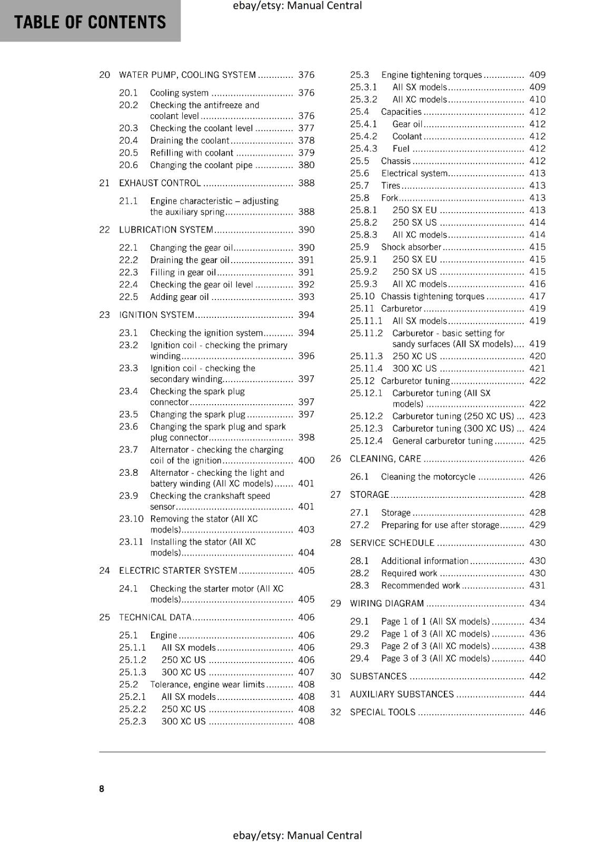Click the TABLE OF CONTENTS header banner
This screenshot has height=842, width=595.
coord(90,22)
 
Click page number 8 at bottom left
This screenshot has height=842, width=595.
coord(102,788)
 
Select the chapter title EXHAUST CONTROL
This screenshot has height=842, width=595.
coord(160,183)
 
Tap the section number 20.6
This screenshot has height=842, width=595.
coord(128,165)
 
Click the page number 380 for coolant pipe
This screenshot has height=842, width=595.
coord(306,165)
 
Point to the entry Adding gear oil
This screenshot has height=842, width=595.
coord(179,297)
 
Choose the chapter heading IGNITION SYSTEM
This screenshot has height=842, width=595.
coord(156,315)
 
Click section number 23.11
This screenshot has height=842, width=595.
coord(131,542)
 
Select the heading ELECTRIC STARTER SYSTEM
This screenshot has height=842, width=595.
coord(178,570)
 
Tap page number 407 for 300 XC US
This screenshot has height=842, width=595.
coord(306,672)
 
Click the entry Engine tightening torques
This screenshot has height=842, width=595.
coord(431,75)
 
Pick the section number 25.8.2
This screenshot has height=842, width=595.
coord(363,223)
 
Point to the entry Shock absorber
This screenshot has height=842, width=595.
coord(411,247)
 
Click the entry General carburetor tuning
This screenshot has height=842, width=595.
coord(442,441)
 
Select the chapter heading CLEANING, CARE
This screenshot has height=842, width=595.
coord(385,459)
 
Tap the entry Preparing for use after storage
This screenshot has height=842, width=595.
coord(440,525)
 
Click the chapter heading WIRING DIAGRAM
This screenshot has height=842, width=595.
coord(386,604)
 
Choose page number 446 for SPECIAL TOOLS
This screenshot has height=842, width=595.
coord(537,712)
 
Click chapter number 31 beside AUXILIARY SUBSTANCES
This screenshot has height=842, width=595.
coord(335,694)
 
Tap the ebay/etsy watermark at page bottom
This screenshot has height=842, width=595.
coord(297,835)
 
